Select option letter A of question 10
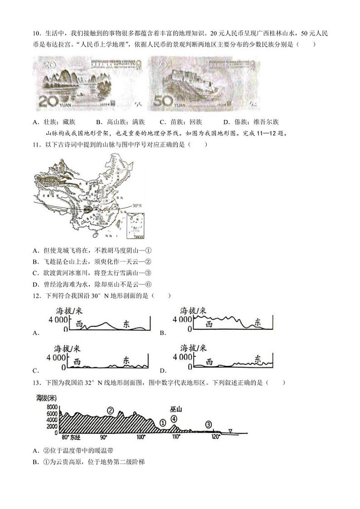(36, 122)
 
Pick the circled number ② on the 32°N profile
(110, 410)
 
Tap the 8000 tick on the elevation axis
(52, 407)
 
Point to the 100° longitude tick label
(141, 436)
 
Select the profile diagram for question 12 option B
(232, 320)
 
